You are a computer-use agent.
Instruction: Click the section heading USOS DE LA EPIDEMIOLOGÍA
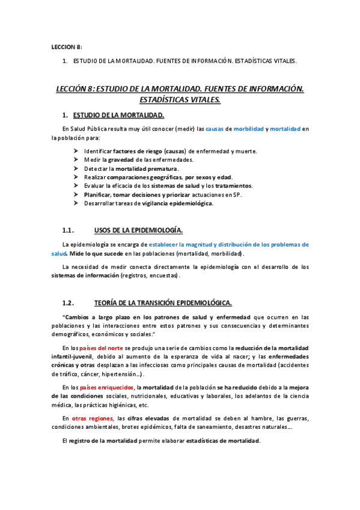[138, 230]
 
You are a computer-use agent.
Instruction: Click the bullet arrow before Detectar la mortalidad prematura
[76, 169]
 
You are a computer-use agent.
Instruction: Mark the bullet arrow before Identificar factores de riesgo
[76, 151]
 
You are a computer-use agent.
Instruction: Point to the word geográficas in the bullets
[166, 177]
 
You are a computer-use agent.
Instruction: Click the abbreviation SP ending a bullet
[236, 195]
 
